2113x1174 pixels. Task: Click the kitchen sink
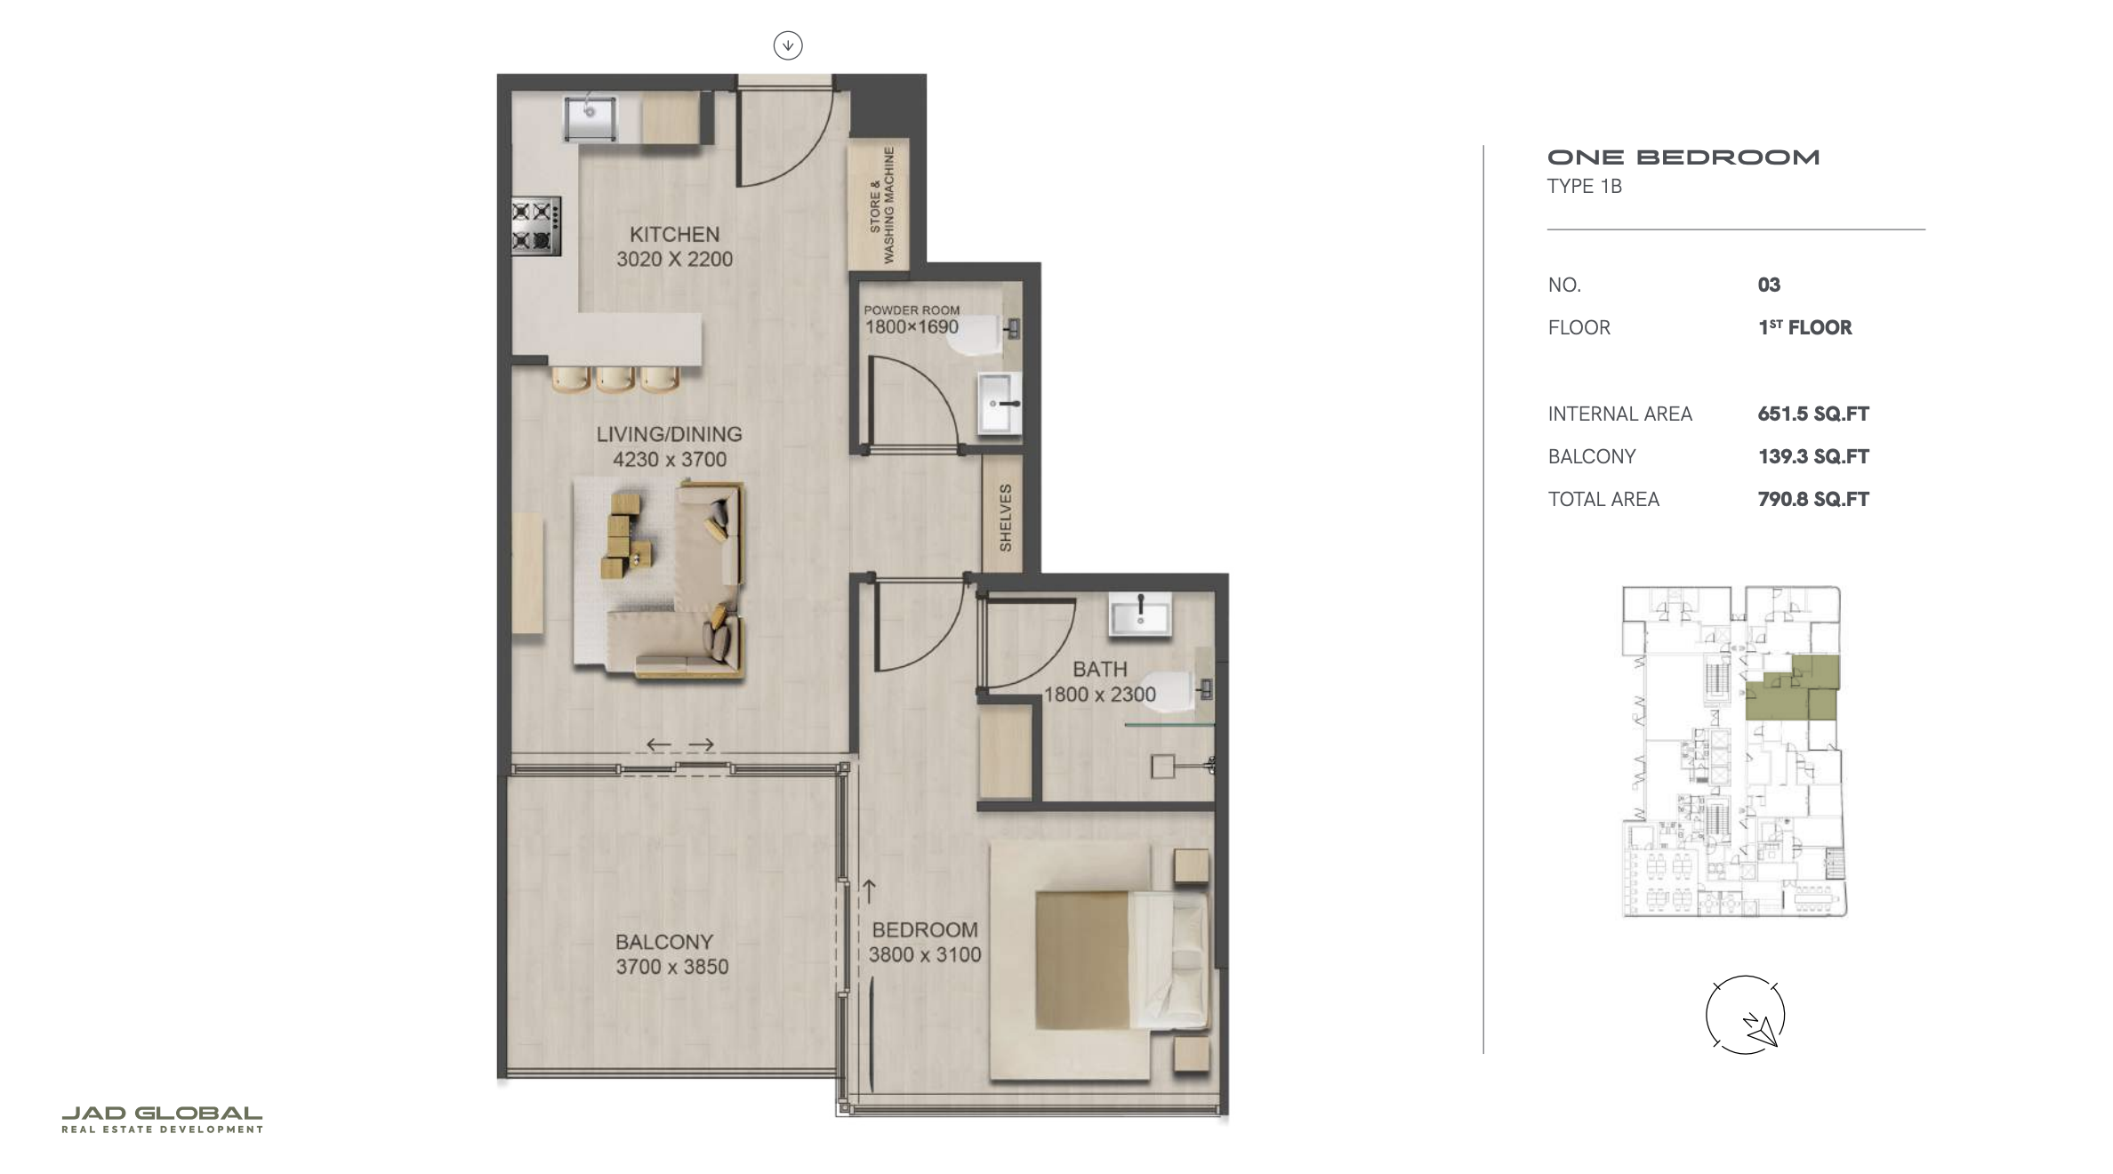tap(590, 118)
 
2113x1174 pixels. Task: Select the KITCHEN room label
tap(674, 235)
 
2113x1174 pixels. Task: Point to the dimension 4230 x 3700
tap(670, 460)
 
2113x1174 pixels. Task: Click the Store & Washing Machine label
tap(882, 205)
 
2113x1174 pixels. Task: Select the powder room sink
tap(1000, 404)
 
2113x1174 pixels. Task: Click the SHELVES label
tap(1005, 518)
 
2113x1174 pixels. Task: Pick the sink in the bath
tap(1139, 614)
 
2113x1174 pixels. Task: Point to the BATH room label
tap(1099, 669)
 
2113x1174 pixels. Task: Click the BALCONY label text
tap(664, 942)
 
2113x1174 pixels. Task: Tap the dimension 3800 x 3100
tap(925, 954)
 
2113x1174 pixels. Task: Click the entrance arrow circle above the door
tap(788, 44)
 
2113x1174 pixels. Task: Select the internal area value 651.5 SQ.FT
tap(1813, 414)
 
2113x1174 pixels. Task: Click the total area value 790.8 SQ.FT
tap(1813, 499)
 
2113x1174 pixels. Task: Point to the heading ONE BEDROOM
tap(1683, 157)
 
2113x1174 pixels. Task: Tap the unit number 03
tap(1769, 285)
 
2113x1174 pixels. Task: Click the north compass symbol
tap(1745, 1015)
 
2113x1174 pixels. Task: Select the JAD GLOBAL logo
tap(162, 1120)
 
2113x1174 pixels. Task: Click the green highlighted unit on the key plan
tap(1792, 688)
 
